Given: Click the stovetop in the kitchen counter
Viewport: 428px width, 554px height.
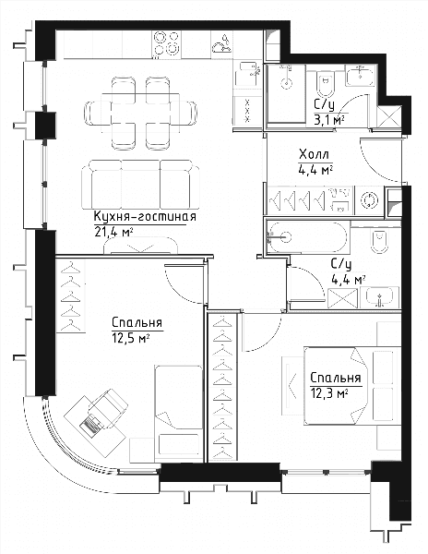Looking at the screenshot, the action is (x=166, y=42).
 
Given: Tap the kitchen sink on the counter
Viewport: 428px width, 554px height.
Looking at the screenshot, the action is (x=221, y=44).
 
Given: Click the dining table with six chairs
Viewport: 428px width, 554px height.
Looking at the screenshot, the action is (x=140, y=113).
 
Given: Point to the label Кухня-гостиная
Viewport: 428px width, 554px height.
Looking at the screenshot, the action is (x=145, y=216).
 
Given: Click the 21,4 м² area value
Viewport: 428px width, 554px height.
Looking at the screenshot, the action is (x=113, y=232).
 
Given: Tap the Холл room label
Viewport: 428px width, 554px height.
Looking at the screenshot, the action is (x=314, y=154).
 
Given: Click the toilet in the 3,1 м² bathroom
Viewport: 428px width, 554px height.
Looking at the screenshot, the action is (x=325, y=84).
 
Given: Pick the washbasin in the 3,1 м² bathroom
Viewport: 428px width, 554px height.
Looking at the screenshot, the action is (x=360, y=76).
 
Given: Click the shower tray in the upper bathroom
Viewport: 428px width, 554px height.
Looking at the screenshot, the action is (x=286, y=93).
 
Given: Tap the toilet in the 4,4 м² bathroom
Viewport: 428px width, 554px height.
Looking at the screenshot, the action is (x=380, y=240).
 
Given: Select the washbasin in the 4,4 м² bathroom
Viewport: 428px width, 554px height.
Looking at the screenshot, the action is (x=380, y=297).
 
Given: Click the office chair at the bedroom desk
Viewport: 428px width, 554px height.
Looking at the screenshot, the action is (x=107, y=406).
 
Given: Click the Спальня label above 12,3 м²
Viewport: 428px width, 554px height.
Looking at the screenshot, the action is (x=336, y=378).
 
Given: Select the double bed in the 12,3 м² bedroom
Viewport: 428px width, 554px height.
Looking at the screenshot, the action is (x=351, y=386).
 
